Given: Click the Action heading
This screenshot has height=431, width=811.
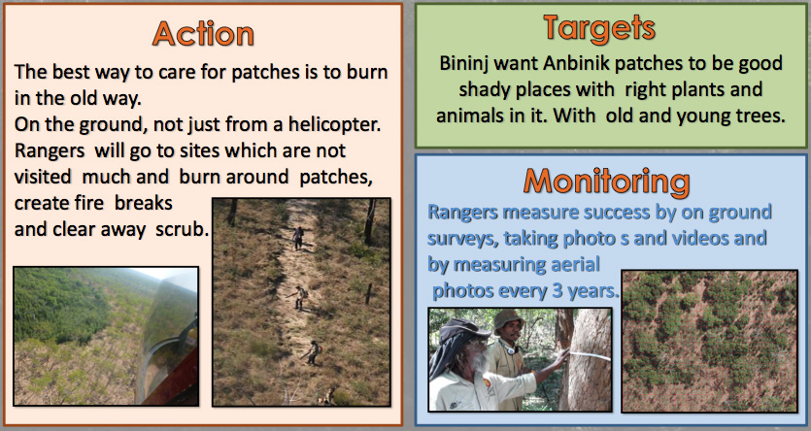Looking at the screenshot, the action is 203,34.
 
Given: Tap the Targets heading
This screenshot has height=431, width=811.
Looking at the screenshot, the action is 599,27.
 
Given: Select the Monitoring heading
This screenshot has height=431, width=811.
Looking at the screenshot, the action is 607,181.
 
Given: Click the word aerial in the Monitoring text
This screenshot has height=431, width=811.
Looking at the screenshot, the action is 573,264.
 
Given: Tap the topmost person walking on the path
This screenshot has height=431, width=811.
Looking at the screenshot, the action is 297,238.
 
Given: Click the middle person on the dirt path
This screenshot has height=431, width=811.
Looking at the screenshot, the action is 299,298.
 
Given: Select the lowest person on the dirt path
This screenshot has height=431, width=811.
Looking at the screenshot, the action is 313,353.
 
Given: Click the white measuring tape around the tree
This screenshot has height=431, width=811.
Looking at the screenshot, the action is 589,355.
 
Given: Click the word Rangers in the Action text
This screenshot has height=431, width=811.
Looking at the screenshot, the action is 50,150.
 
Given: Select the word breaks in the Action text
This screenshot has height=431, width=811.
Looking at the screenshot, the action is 144,203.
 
